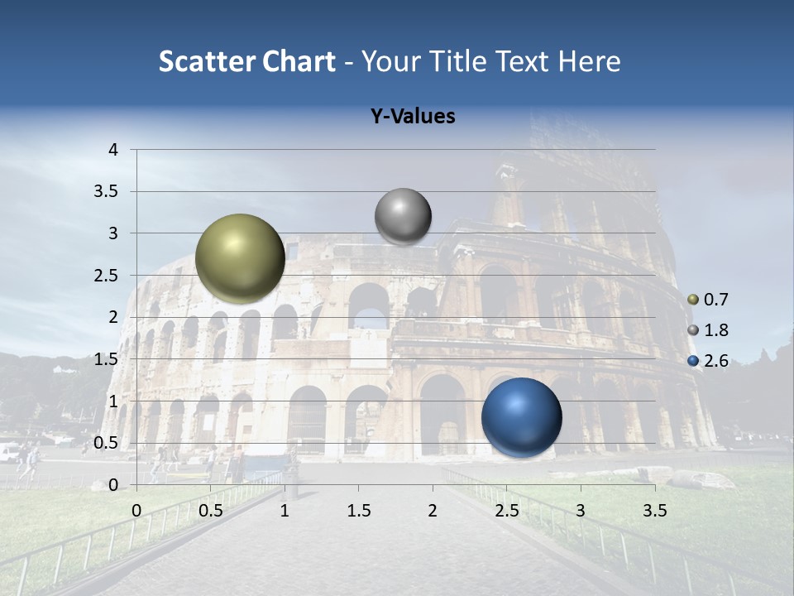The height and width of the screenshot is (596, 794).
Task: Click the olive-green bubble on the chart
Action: (240, 258)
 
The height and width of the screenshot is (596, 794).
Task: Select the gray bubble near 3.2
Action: (403, 216)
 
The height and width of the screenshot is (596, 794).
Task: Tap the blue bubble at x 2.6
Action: (521, 417)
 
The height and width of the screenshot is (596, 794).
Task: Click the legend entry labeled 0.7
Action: (709, 300)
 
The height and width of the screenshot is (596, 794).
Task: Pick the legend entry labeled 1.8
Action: (709, 330)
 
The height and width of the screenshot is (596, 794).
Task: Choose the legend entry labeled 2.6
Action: (709, 361)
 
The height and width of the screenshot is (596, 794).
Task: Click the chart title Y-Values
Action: (412, 117)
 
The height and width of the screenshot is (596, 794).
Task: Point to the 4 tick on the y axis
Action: (113, 150)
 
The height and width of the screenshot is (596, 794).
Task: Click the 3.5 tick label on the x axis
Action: (654, 511)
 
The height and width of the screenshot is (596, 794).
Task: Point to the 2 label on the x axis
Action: (432, 511)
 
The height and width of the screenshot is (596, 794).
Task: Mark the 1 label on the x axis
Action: (285, 511)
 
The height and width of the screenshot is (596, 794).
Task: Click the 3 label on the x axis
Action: (581, 511)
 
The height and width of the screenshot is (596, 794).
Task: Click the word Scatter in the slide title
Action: (205, 61)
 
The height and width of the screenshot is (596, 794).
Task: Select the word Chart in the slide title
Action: (298, 61)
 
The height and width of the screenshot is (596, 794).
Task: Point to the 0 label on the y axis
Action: (113, 485)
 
